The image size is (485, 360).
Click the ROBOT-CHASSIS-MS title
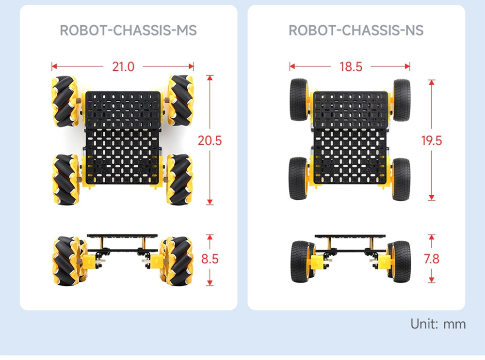(x=128, y=31)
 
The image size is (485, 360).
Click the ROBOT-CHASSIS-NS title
(x=356, y=31)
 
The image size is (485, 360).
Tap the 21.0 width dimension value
(x=123, y=66)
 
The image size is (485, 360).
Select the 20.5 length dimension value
(x=210, y=141)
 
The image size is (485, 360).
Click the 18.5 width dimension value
(x=351, y=66)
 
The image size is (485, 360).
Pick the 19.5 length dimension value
(x=432, y=141)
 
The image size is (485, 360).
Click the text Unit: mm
(x=438, y=324)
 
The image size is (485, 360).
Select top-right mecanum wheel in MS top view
(x=180, y=101)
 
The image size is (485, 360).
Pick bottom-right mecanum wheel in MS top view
(x=180, y=179)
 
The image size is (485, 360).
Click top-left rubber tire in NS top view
(x=298, y=99)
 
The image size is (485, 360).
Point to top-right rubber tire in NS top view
(x=402, y=99)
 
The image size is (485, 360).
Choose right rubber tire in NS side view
(x=400, y=262)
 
